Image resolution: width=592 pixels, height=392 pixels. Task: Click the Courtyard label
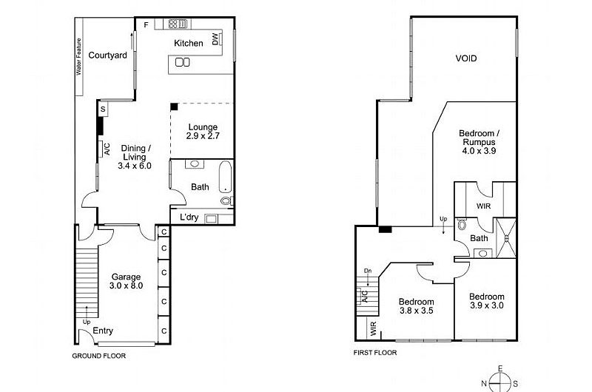point(108,55)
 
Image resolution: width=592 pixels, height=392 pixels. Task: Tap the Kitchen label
point(188,44)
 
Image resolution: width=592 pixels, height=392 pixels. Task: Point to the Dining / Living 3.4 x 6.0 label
point(134,157)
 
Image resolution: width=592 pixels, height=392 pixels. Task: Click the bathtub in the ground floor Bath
point(226,183)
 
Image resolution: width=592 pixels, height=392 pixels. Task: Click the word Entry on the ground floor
point(103,331)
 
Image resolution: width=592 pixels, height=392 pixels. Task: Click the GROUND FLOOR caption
point(98,356)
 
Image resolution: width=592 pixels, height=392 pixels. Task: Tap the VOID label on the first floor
point(465,58)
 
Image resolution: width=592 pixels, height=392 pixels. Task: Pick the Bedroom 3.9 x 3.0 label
point(486,301)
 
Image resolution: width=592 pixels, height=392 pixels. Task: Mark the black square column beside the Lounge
point(174,107)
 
